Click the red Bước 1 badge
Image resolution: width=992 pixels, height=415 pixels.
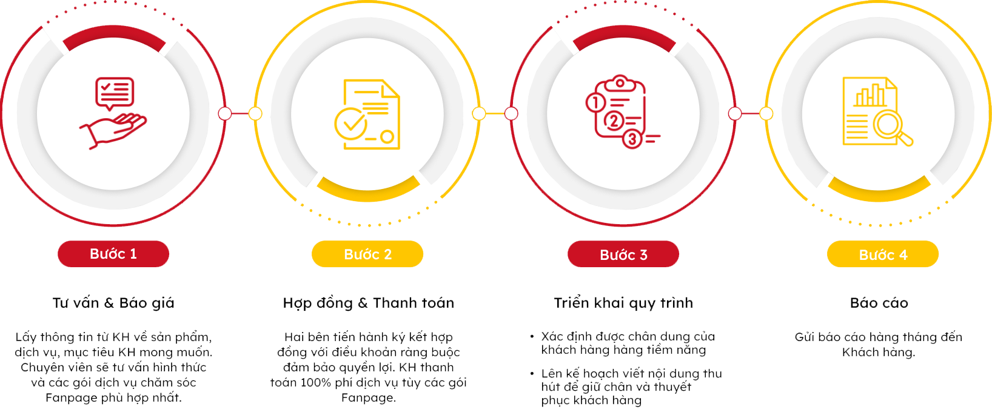[113, 254]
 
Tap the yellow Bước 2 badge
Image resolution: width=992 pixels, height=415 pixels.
[367, 254]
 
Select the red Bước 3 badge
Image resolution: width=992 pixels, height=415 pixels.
[623, 254]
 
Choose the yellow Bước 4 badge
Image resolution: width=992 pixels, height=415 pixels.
[883, 254]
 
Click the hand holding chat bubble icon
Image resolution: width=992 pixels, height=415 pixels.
[113, 113]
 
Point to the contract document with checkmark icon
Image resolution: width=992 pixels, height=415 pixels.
[367, 114]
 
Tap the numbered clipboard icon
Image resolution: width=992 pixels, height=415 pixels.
[622, 111]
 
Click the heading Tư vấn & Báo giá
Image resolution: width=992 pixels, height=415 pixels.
[113, 303]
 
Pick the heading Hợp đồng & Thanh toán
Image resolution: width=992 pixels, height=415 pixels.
[369, 303]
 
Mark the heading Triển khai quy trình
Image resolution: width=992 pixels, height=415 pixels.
[623, 303]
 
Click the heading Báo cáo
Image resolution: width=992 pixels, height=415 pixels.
[879, 303]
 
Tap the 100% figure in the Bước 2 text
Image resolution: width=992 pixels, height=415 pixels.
[316, 383]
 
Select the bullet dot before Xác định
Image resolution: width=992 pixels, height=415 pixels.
[532, 337]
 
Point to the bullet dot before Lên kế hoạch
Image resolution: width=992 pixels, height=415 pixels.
[532, 374]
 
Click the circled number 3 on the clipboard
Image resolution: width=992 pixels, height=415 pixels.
[632, 139]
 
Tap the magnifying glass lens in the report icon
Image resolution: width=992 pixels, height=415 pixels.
[888, 124]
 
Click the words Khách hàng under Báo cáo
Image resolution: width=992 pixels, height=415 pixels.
[879, 353]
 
